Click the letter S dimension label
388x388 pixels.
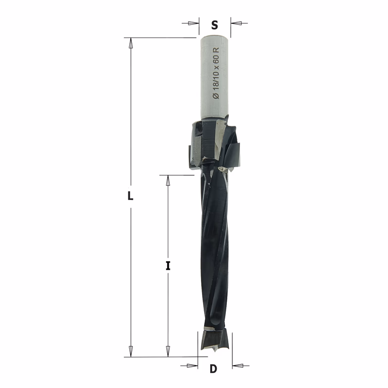(215, 25)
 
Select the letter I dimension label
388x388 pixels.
(168, 266)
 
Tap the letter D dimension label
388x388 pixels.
(213, 369)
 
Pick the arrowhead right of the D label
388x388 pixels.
(238, 365)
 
